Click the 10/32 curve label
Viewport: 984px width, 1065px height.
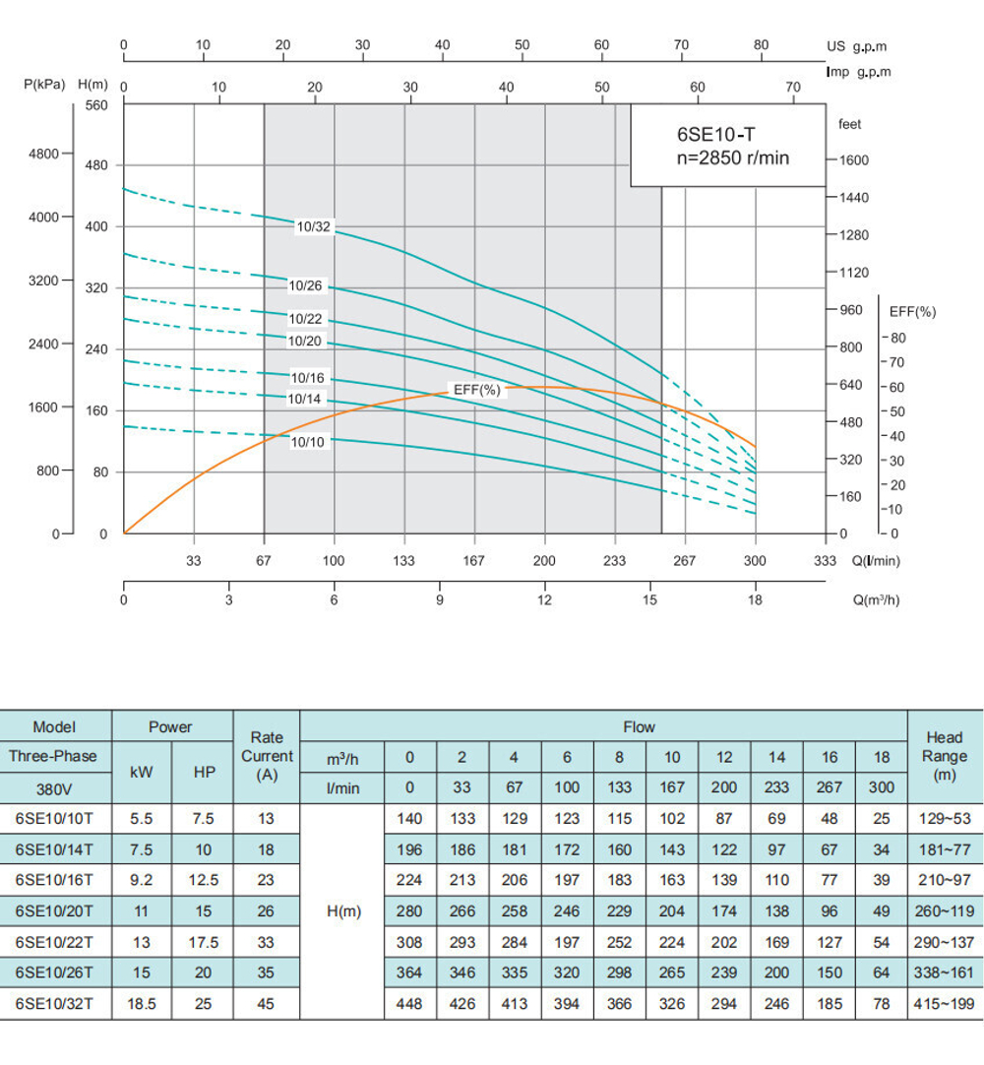point(314,227)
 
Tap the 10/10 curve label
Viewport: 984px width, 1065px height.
point(307,442)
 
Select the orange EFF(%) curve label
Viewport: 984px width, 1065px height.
point(477,390)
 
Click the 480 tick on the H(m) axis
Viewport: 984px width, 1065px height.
point(95,165)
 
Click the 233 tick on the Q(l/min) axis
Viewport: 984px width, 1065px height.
point(614,561)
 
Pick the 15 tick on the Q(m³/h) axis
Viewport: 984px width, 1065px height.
point(649,599)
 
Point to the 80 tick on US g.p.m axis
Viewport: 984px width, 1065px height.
point(761,45)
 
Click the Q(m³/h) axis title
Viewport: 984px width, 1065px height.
point(876,599)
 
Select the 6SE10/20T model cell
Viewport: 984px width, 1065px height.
point(55,911)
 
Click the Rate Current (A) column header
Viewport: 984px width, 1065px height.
point(267,756)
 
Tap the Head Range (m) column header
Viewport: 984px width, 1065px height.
point(945,756)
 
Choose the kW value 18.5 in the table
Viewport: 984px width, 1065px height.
point(142,1004)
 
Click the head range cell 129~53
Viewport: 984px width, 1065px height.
point(945,818)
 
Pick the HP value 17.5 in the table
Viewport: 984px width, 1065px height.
point(204,942)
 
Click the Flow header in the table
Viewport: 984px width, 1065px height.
point(639,727)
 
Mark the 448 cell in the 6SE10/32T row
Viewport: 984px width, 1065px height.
point(408,1004)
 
